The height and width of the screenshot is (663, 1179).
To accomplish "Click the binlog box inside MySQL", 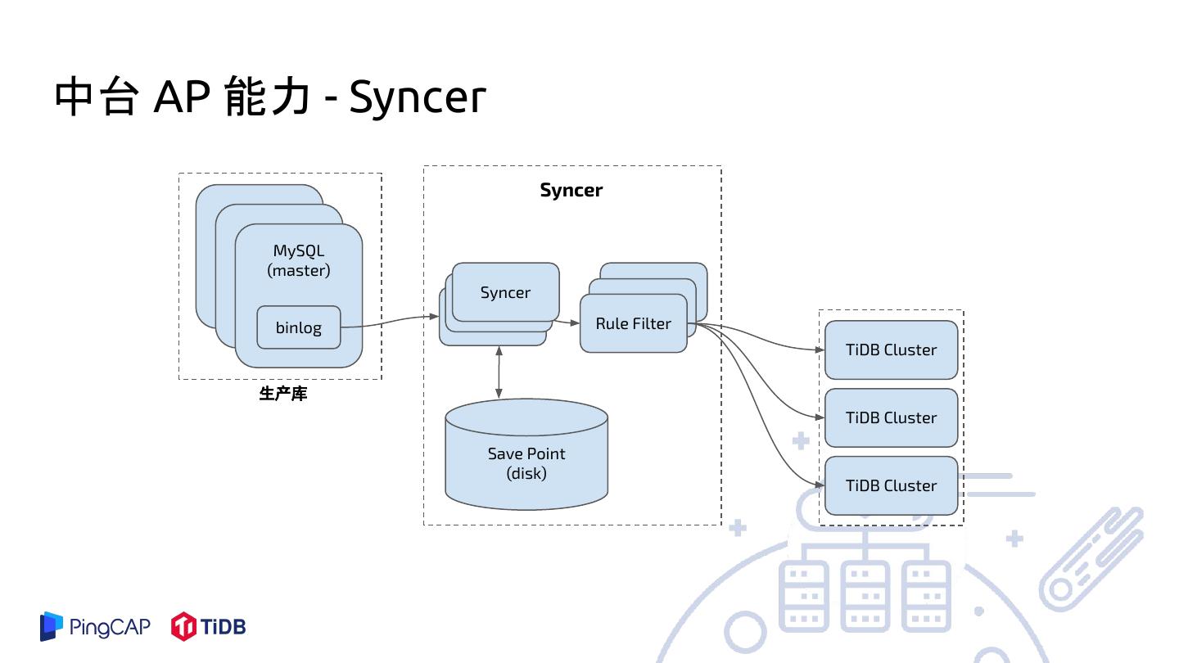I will pyautogui.click(x=298, y=327).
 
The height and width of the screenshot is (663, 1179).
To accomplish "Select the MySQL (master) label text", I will pyautogui.click(x=299, y=260).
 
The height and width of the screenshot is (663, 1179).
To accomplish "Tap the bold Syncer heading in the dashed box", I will pyautogui.click(x=571, y=190).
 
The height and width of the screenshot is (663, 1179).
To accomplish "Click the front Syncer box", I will pyautogui.click(x=505, y=292).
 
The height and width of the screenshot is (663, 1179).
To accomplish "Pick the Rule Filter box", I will pyautogui.click(x=633, y=324).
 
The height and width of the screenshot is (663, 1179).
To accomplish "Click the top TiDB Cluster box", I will pyautogui.click(x=891, y=350).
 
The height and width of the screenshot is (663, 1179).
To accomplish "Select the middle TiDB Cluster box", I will pyautogui.click(x=891, y=417).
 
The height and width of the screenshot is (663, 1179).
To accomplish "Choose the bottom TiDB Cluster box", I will pyautogui.click(x=891, y=485).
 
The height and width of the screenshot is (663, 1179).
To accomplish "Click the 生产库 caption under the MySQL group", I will pyautogui.click(x=283, y=395).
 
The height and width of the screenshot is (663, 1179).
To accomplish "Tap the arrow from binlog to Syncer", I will pyautogui.click(x=389, y=322).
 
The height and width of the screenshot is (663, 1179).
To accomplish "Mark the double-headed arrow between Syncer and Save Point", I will pyautogui.click(x=499, y=372).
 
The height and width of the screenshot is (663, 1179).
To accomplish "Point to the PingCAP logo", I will pyautogui.click(x=96, y=627).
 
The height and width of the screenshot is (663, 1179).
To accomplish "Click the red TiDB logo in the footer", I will pyautogui.click(x=208, y=627).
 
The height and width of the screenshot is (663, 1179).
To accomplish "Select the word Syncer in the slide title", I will pyautogui.click(x=418, y=98).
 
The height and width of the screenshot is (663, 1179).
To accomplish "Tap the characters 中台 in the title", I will pyautogui.click(x=95, y=98).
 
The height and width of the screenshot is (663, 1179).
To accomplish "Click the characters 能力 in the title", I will pyautogui.click(x=267, y=98).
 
